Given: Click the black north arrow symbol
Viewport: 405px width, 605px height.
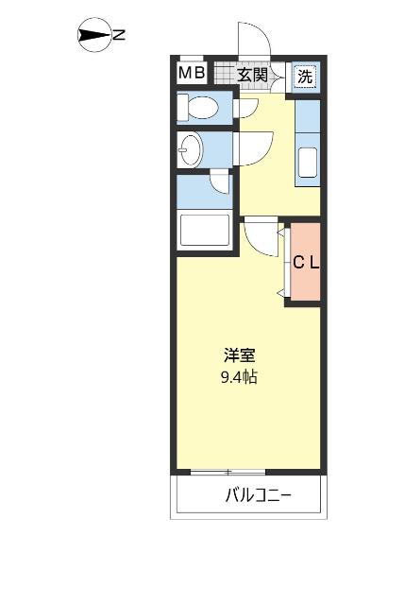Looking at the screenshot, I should (x=94, y=36).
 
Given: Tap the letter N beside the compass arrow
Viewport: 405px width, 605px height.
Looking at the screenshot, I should (x=119, y=36).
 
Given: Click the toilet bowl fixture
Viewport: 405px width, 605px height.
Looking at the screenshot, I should (x=199, y=108).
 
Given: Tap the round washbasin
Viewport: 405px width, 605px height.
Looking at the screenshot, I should (x=192, y=148).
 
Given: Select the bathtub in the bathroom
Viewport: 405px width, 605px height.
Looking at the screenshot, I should (x=204, y=231).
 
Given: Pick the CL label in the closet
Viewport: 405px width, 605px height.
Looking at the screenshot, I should (x=304, y=264).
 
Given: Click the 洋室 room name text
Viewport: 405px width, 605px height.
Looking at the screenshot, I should (x=239, y=356).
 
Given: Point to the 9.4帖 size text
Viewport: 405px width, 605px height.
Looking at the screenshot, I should (x=239, y=377).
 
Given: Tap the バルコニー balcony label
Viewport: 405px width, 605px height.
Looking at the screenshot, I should (x=258, y=494).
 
